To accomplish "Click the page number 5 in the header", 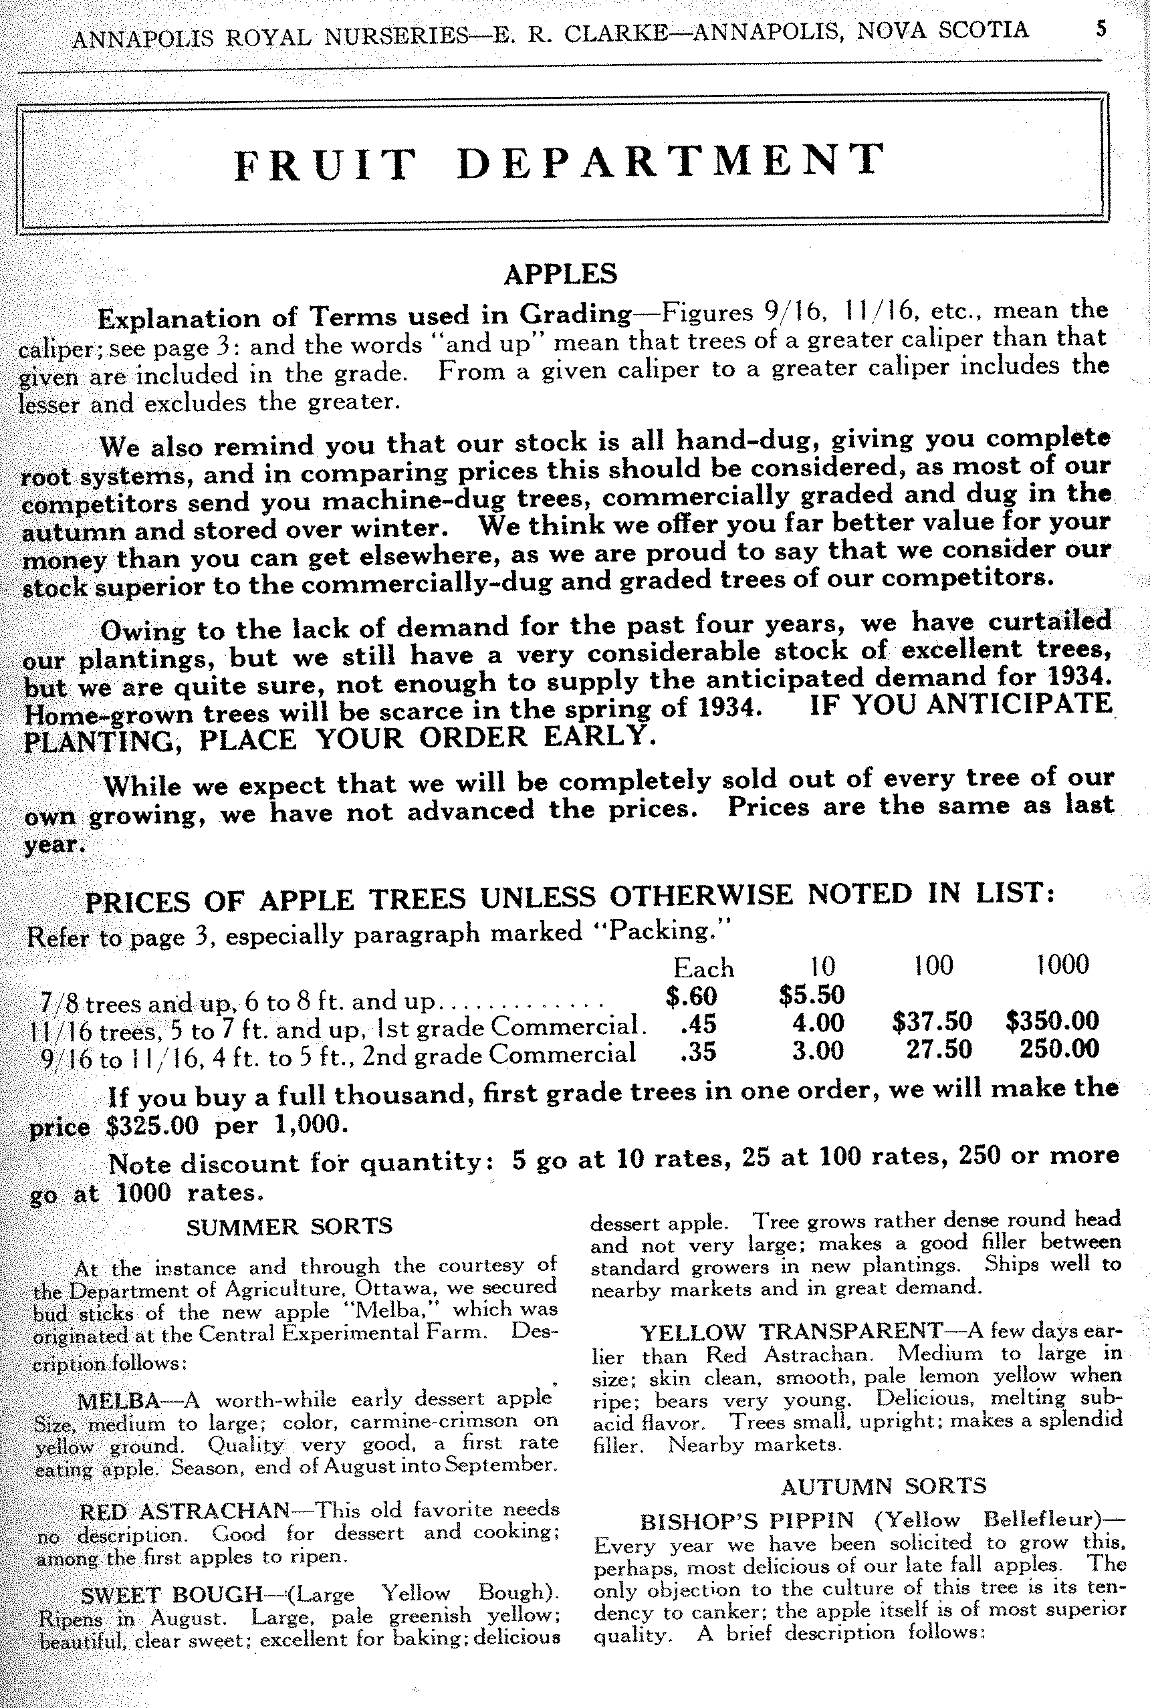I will point(1101,29).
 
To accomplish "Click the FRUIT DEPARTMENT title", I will point(560,161).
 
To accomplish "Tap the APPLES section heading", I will point(560,273).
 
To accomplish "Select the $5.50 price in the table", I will point(811,995).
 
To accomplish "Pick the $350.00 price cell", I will point(1052,1020).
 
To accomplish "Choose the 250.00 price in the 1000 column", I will point(1059,1048).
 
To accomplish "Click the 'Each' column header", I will point(703,968).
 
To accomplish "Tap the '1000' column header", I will point(1062,964).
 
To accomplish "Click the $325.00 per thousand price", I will point(152,1125).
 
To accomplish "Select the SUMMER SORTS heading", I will point(289,1226).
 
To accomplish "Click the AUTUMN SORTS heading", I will point(884,1487).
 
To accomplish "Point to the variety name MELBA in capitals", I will point(119,1401).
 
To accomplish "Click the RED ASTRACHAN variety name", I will point(185,1511).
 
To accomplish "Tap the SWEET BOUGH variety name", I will point(172,1595).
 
